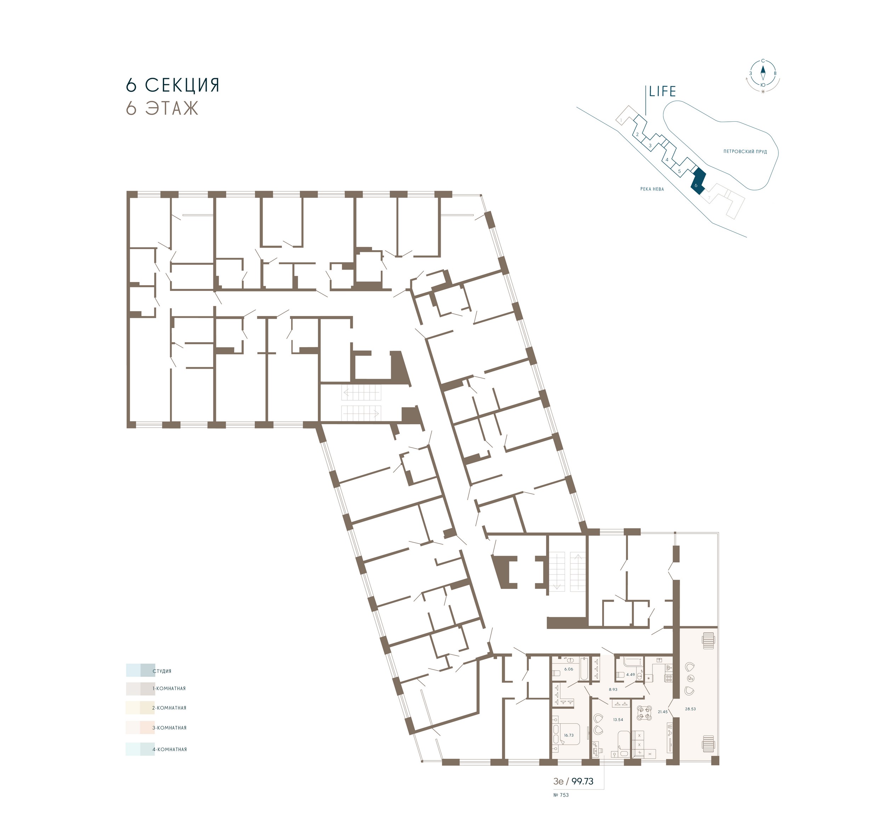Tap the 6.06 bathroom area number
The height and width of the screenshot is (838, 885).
569,669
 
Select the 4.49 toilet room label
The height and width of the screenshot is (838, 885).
630,674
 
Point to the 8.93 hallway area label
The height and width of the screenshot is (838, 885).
613,689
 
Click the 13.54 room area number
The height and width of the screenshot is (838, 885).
618,720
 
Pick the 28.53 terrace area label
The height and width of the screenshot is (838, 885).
690,708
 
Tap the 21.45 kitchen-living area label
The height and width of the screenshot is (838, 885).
663,712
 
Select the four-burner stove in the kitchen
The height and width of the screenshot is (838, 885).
669,678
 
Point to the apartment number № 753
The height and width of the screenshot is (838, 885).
561,795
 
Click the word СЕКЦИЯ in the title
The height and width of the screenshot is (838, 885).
182,85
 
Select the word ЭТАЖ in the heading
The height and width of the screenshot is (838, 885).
172,108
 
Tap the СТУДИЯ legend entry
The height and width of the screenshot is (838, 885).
162,671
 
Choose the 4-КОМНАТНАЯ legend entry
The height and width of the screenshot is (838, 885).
170,749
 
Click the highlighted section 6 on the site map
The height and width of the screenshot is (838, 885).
697,181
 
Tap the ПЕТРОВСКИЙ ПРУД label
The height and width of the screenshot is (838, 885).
745,151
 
